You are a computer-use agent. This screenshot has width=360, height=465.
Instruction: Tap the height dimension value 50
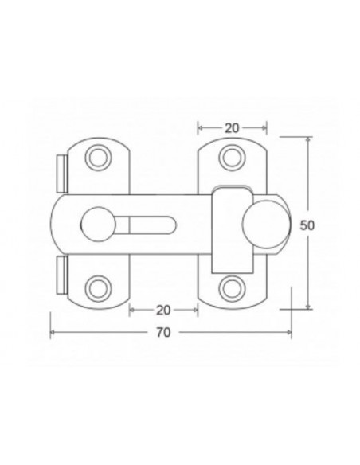point(307,225)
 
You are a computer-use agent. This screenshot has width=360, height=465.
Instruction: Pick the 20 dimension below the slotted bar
point(163,309)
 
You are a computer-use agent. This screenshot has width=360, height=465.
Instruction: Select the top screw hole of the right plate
point(232,158)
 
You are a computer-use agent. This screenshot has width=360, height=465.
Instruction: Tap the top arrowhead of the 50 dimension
point(307,139)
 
